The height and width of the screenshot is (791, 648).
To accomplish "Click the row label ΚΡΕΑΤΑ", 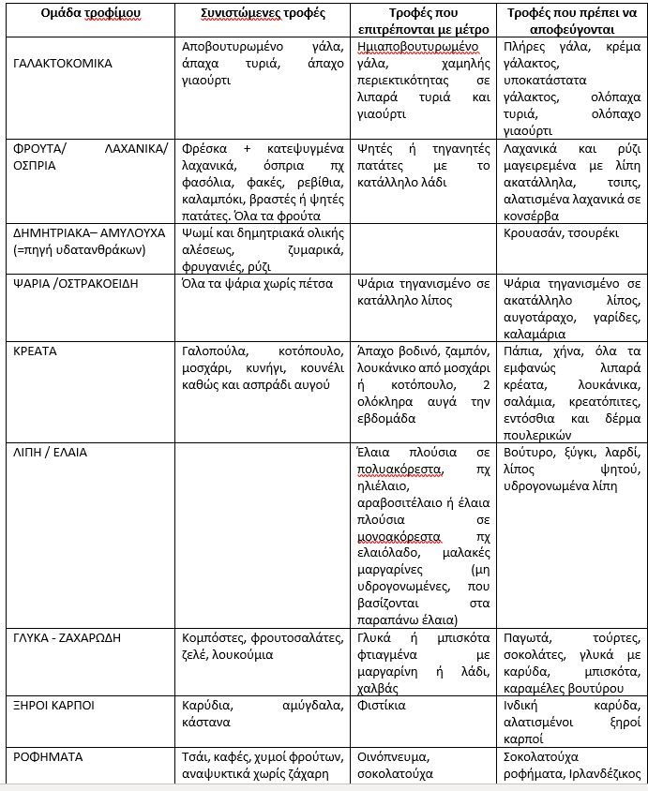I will point(36,351).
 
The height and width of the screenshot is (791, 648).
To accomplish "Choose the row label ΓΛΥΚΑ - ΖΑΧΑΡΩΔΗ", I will point(68,637).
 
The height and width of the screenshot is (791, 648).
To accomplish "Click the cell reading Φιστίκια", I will point(383,704).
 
